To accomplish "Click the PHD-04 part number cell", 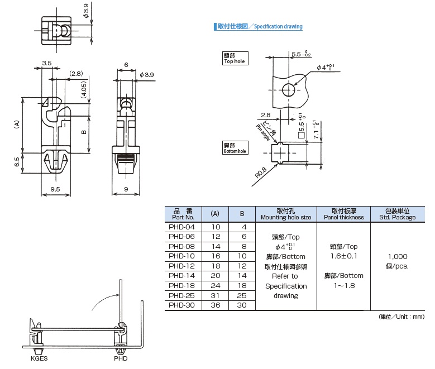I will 182,227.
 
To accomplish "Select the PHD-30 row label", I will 182,305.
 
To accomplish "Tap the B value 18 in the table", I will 242,285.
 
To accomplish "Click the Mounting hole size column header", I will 285,214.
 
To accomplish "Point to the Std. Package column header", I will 397,214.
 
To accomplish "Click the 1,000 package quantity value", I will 397,256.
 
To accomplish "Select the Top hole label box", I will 235,59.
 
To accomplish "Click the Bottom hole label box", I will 235,148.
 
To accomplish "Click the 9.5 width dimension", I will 55,189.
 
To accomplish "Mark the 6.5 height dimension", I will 17,162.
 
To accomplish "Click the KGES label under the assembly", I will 39,358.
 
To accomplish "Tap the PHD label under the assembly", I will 121,358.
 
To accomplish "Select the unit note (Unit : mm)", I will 402,317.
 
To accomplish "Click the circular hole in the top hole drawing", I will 288,90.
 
